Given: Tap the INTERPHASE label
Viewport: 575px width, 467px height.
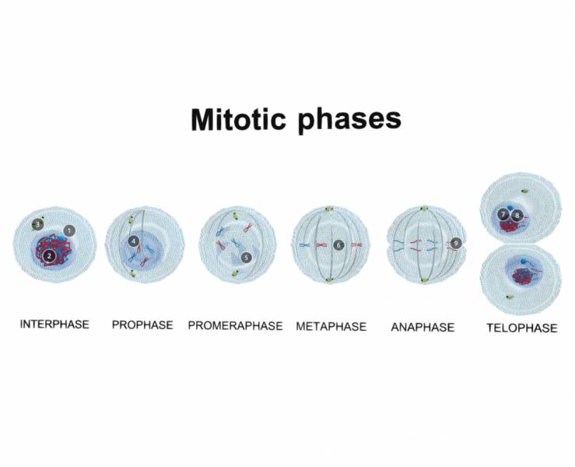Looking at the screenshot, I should (x=54, y=324).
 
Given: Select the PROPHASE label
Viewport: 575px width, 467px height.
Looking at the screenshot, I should (x=142, y=325).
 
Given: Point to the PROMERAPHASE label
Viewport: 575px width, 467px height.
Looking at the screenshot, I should (x=235, y=325).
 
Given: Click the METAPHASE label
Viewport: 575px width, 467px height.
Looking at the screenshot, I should (x=331, y=326).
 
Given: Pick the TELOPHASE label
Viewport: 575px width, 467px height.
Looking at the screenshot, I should (x=521, y=328).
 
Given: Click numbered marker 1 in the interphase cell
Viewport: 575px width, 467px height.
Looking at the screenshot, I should (x=69, y=230).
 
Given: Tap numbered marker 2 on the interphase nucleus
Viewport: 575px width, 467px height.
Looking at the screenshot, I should (x=48, y=255).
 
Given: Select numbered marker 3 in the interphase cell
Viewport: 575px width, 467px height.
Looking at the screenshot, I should (x=36, y=225).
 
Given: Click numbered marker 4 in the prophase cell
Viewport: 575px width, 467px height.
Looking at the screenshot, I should (x=134, y=241).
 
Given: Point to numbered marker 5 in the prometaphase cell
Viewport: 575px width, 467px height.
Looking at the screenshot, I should (x=247, y=256).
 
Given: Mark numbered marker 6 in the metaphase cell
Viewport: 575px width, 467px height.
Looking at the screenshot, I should (x=338, y=244).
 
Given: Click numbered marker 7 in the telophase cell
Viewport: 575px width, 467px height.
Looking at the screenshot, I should (x=504, y=213).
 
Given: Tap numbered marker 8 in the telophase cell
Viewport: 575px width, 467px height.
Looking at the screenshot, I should (x=517, y=214).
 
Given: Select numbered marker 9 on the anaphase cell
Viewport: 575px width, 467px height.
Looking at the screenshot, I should (x=455, y=243).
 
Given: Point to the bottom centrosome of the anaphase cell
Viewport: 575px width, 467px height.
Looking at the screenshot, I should (x=425, y=279).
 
